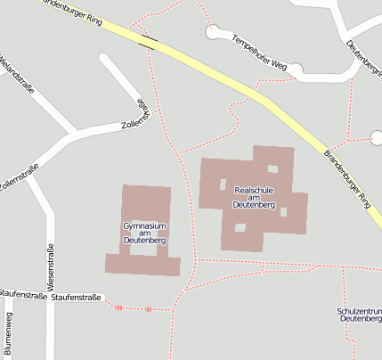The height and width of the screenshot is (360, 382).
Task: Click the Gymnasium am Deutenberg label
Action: (145, 233)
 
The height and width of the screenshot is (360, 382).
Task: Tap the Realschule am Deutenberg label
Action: (255, 197)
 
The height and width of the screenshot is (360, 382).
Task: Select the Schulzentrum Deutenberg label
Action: (361, 314)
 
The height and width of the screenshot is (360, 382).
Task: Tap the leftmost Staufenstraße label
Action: (22, 295)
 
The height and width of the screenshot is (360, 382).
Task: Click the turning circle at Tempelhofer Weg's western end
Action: (212, 33)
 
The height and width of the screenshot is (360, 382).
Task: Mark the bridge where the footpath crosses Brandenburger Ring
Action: (150, 39)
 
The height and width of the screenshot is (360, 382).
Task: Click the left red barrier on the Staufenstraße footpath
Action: (118, 307)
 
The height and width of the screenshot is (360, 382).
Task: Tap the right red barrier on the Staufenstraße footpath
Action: (149, 309)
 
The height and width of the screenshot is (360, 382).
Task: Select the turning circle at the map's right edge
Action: (376, 137)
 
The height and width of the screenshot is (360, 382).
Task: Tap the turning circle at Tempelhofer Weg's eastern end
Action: (296, 70)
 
